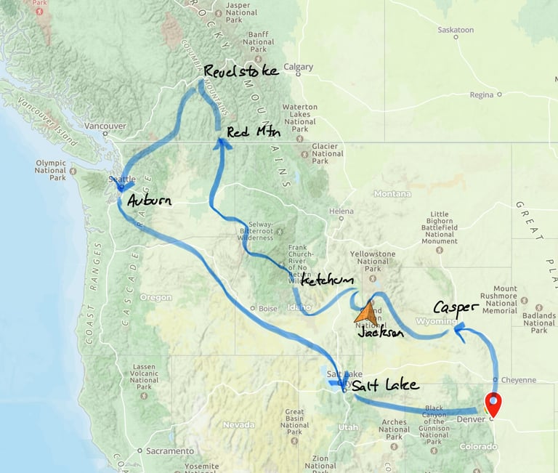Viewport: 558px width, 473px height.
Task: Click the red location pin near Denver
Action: (x=493, y=403)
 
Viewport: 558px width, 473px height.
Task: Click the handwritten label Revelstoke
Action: (x=240, y=71)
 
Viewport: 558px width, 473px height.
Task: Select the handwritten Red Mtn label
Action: (x=253, y=132)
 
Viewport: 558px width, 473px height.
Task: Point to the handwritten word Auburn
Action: (x=149, y=200)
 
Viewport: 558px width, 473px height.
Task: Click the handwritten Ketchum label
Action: (x=327, y=280)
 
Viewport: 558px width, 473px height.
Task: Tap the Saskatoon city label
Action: (x=456, y=30)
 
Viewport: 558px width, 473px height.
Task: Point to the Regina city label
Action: (x=481, y=94)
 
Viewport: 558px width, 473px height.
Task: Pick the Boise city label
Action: (x=268, y=308)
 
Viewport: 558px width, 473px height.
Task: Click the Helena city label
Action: (x=341, y=211)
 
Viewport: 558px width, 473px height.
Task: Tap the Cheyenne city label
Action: (x=519, y=379)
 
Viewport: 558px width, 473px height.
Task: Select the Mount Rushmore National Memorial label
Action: (x=519, y=299)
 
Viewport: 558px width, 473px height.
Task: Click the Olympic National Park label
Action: (x=50, y=170)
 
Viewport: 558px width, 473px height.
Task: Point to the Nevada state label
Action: (x=238, y=424)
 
